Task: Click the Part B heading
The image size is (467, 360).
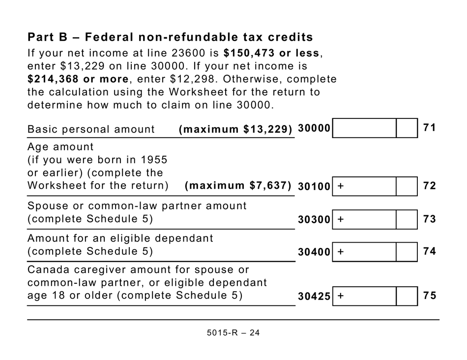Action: (170, 37)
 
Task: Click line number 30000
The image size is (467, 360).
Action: (314, 128)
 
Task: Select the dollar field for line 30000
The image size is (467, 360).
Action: (364, 128)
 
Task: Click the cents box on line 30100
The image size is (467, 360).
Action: (407, 186)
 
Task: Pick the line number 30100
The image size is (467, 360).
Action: (314, 187)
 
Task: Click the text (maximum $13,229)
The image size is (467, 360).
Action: (235, 129)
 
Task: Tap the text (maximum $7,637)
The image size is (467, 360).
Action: (238, 186)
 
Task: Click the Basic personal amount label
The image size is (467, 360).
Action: (91, 129)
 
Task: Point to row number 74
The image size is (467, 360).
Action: (430, 251)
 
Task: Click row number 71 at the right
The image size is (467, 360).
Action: (430, 128)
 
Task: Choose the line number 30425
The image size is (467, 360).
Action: (314, 297)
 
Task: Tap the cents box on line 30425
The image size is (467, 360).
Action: (407, 296)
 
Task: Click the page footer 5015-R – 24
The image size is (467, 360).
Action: (233, 332)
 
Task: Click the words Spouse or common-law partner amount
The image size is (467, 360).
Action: (137, 206)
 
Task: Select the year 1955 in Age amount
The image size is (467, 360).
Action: (155, 160)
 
